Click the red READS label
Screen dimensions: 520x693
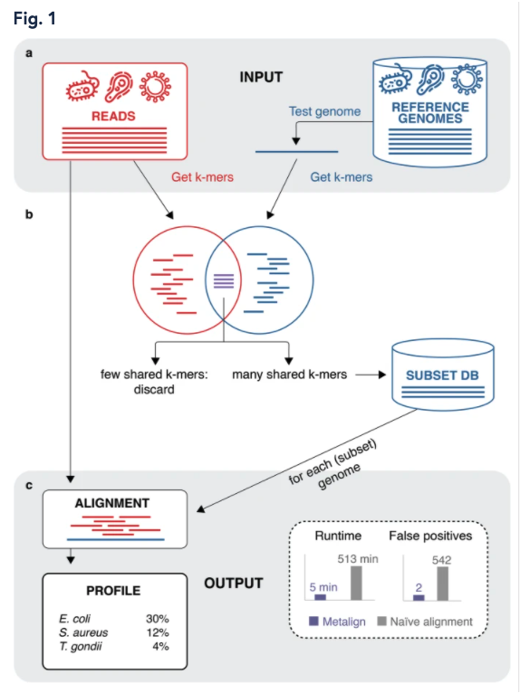point(113,116)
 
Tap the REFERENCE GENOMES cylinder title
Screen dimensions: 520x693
point(430,113)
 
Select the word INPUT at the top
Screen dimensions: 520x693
point(261,77)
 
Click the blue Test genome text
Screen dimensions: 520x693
point(325,111)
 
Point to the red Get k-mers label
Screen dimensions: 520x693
point(202,177)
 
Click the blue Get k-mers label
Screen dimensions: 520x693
point(342,177)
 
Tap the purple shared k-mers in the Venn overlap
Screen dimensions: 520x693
point(224,281)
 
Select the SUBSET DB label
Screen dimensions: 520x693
point(443,375)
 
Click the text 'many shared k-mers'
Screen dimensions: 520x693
point(289,375)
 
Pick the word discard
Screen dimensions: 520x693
point(154,390)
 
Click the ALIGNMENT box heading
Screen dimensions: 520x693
point(112,503)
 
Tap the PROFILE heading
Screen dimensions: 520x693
point(113,591)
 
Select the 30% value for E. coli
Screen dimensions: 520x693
point(158,619)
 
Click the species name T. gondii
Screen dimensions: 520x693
point(81,647)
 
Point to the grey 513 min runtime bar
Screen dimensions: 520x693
point(356,583)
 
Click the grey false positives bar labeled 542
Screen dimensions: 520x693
point(443,584)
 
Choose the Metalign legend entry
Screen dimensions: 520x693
point(337,622)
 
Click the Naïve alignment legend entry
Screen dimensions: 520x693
point(425,622)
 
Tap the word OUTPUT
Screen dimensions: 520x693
point(234,584)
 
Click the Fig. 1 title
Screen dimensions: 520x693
point(34,19)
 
